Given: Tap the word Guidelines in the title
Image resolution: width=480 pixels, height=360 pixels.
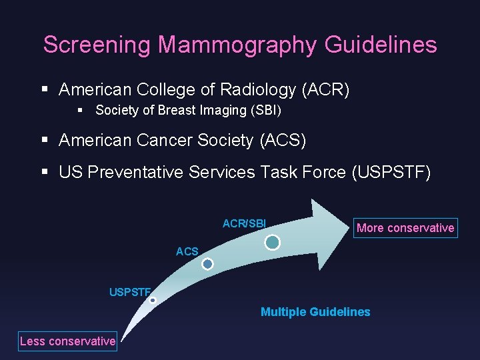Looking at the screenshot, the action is point(381,45).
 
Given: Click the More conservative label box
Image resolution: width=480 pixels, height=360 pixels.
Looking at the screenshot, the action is point(405,228).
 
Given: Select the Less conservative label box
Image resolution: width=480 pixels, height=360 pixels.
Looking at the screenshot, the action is point(67,341).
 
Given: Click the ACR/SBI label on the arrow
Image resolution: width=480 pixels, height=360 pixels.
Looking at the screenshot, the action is point(244,223).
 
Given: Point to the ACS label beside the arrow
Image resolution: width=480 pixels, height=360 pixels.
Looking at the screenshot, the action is point(187,251).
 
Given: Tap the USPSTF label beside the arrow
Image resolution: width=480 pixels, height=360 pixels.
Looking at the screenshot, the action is point(131,291).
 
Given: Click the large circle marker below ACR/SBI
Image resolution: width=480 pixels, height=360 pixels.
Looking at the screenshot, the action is point(272,243).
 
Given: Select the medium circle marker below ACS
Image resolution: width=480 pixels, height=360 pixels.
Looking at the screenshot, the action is point(207,264).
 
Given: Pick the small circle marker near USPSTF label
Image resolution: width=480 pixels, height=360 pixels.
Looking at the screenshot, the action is point(153,301).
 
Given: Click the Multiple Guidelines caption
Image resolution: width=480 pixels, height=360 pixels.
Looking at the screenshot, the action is point(315,312).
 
